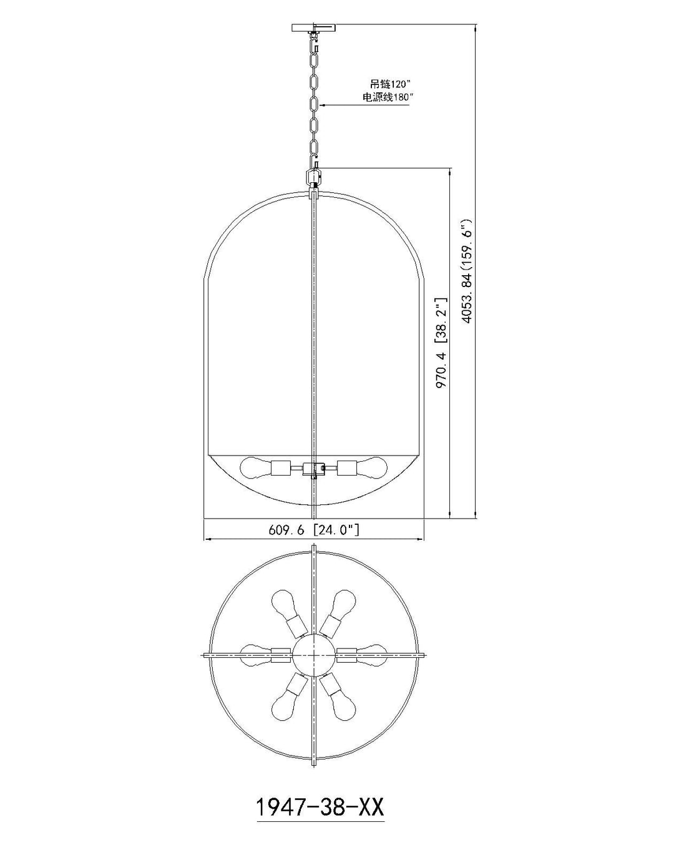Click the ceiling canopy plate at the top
pos(313,28)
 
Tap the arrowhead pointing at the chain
pos(323,105)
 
